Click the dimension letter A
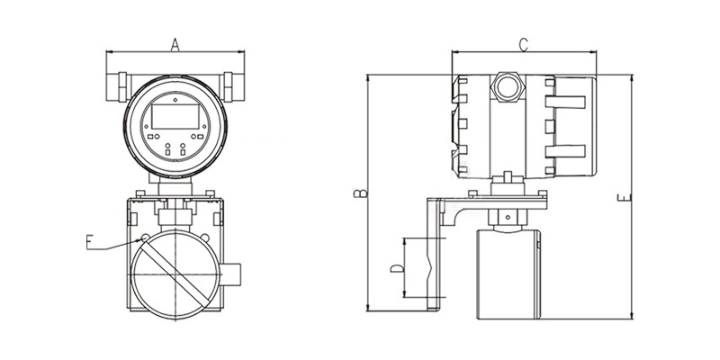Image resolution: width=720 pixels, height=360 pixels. point(175,44)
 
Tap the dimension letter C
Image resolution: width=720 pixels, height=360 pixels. point(523,44)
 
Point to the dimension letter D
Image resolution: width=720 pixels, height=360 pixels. point(397,268)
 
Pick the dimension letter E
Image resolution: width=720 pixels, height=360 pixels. point(624,198)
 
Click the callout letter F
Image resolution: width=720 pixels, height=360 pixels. point(89,242)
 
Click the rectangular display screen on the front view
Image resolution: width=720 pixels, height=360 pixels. point(175,116)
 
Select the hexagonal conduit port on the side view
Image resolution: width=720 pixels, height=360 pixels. point(508,86)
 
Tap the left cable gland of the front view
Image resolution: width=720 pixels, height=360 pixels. point(119,86)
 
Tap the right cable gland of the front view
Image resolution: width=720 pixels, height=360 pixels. point(232,86)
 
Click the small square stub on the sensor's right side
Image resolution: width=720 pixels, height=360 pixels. point(230,274)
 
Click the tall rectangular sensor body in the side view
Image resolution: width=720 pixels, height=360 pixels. point(508,274)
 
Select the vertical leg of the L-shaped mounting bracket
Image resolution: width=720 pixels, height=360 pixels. point(434,255)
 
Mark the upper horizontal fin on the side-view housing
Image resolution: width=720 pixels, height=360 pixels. point(565,102)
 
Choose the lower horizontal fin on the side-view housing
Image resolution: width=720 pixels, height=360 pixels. point(565,151)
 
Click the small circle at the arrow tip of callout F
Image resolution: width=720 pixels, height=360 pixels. point(145,238)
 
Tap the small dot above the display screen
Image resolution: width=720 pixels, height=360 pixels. point(175,99)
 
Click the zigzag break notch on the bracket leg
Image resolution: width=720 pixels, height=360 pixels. point(429,266)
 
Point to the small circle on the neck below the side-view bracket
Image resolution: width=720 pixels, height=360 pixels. point(508,217)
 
